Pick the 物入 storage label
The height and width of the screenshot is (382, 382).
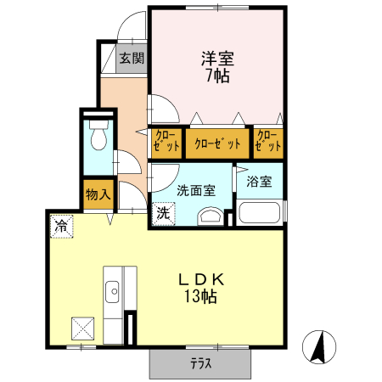(x=98, y=194)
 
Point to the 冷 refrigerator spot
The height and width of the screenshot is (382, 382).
(x=61, y=225)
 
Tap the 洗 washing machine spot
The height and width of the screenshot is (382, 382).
(x=163, y=213)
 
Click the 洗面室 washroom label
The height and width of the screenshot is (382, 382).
(x=195, y=191)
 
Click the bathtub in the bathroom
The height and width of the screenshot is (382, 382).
(x=259, y=213)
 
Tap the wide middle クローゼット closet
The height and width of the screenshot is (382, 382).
(x=217, y=143)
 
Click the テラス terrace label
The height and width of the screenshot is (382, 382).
(x=200, y=364)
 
